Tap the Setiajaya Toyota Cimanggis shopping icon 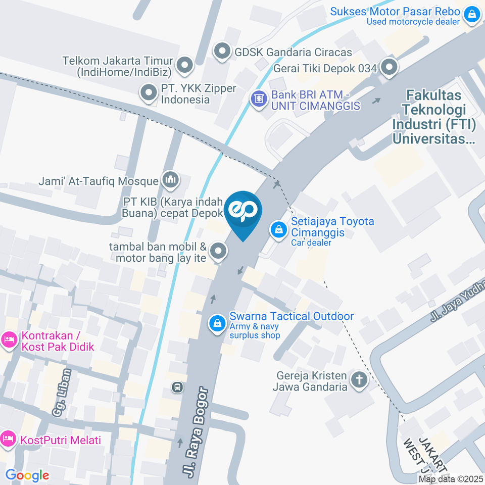click(x=278, y=230)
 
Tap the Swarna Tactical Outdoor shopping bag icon click(x=217, y=323)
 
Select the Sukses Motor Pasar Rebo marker click(x=471, y=14)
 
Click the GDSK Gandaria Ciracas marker click(x=222, y=51)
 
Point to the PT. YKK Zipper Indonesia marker click(x=149, y=93)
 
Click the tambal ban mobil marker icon click(x=218, y=250)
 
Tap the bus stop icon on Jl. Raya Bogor click(x=177, y=387)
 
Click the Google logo click(x=27, y=475)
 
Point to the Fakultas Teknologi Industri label click(x=434, y=116)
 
